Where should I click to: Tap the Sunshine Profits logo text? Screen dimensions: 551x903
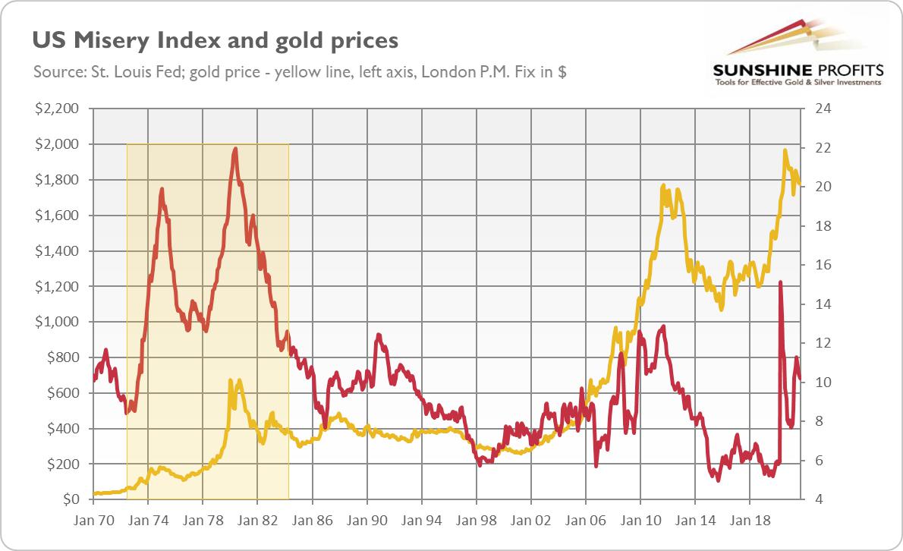click(797, 70)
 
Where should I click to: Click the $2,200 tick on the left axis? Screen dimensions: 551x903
click(58, 109)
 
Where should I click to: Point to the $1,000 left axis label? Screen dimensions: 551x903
click(58, 322)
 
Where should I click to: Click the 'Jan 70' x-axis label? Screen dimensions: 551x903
click(93, 522)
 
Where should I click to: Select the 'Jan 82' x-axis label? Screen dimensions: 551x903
click(257, 522)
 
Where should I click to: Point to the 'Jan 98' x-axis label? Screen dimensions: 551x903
click(477, 522)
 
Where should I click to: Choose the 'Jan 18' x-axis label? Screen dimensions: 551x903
click(750, 522)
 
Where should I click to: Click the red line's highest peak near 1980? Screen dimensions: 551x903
click(235, 149)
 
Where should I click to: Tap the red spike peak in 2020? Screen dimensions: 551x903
click(781, 282)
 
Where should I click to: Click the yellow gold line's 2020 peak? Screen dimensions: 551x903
click(785, 150)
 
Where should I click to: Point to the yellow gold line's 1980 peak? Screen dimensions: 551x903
click(231, 379)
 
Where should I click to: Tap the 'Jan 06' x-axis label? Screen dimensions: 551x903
click(586, 522)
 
